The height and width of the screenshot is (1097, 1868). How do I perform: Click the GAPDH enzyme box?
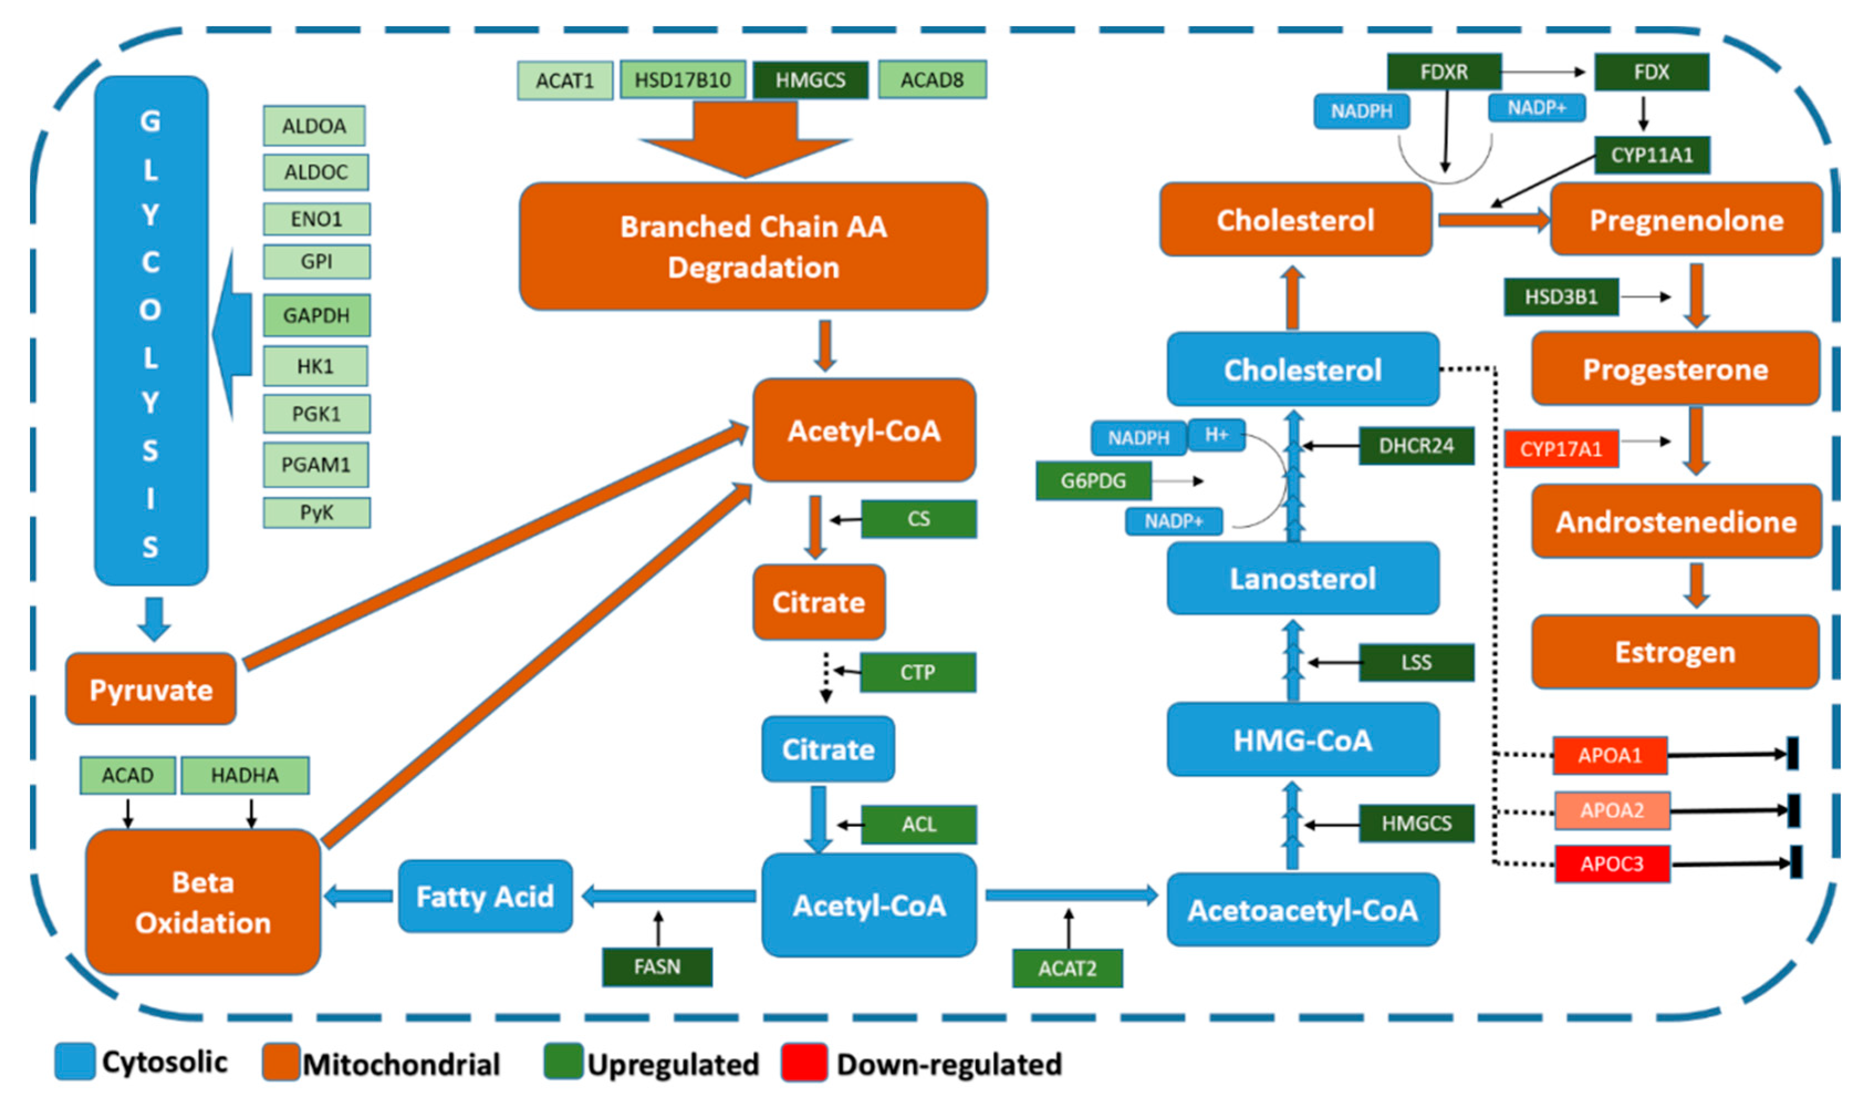(x=316, y=315)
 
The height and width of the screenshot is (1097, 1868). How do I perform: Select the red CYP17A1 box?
(x=1561, y=449)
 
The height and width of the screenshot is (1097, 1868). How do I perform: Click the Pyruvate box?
(x=150, y=689)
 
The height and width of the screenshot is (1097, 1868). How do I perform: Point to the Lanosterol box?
(x=1302, y=578)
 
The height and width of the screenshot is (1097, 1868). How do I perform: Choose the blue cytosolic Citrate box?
(x=828, y=749)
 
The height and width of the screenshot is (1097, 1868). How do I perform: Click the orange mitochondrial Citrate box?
(x=818, y=602)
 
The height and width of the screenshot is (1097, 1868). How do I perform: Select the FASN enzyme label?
(x=657, y=966)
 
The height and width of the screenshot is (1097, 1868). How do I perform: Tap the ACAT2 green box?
(x=1067, y=968)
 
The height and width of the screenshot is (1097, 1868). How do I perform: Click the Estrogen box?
(x=1674, y=652)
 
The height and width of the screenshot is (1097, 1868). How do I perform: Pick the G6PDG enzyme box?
(x=1093, y=480)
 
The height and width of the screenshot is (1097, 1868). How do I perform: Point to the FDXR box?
(x=1443, y=72)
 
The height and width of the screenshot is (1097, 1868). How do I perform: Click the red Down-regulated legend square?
(x=803, y=1062)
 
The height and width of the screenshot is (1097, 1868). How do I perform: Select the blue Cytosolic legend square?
(x=75, y=1062)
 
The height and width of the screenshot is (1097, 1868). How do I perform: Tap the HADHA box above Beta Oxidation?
(x=244, y=775)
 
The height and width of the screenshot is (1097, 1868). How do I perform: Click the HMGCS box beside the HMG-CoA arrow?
(x=1416, y=824)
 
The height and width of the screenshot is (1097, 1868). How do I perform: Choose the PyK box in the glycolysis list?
(x=316, y=513)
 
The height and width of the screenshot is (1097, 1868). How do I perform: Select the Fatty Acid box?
(x=485, y=896)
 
